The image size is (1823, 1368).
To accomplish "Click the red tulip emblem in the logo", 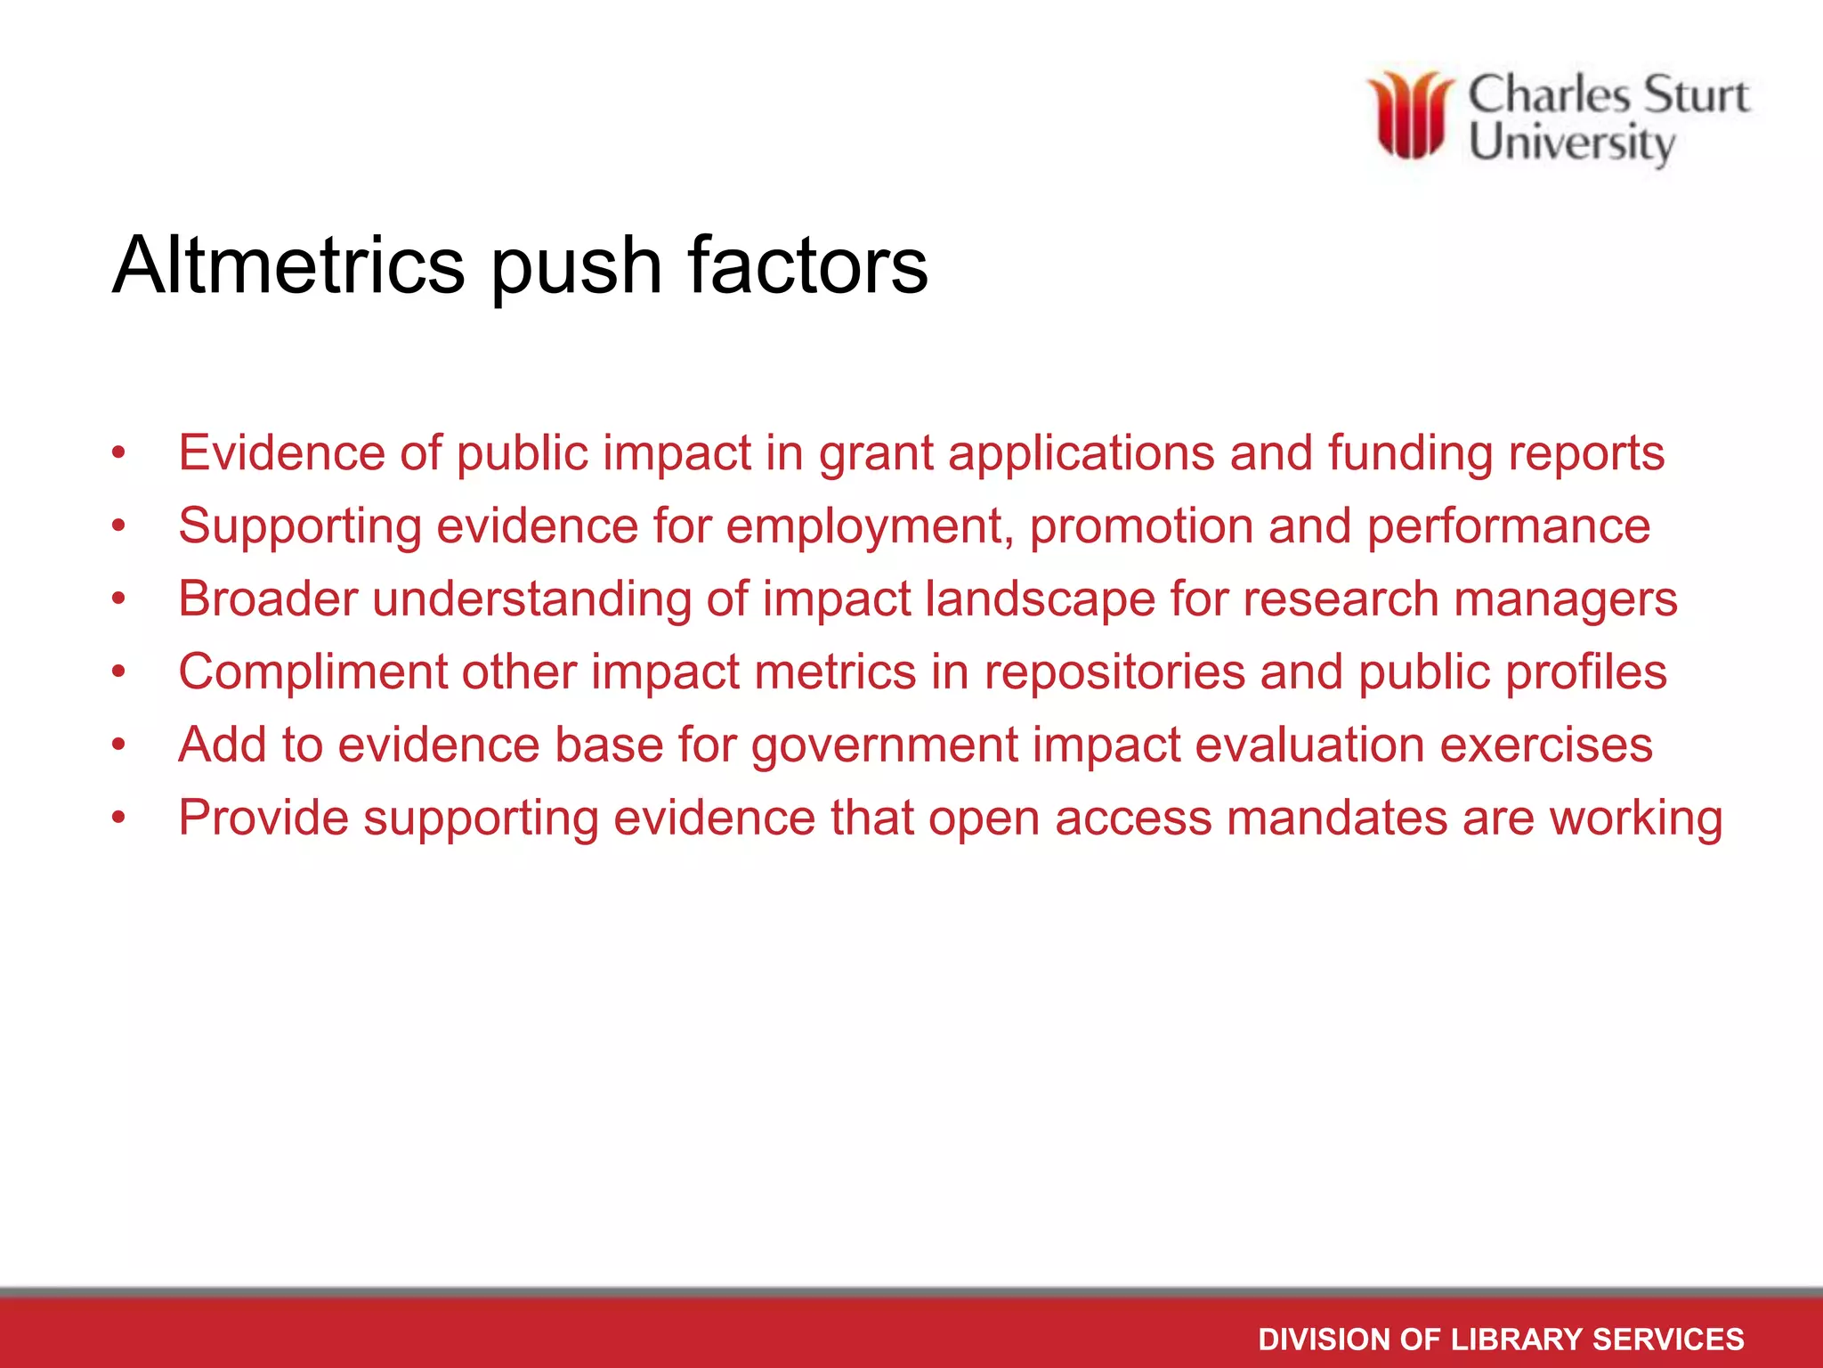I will (1410, 116).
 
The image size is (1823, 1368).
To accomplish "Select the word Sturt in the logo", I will (1696, 95).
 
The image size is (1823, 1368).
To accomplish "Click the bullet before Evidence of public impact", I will (119, 453).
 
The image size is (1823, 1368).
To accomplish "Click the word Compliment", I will (312, 672).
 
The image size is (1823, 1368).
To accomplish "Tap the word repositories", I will (1114, 672).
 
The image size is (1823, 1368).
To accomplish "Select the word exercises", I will (1546, 745).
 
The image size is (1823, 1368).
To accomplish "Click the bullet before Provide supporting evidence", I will (119, 818).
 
